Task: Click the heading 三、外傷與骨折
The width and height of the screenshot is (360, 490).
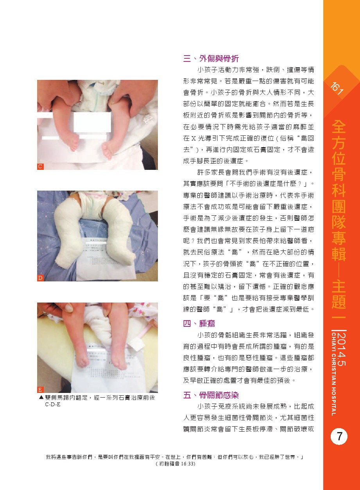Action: click(211, 58)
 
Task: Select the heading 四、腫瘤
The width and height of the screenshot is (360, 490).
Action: click(199, 323)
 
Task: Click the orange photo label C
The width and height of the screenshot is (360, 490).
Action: click(40, 166)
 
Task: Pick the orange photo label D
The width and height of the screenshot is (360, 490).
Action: click(40, 278)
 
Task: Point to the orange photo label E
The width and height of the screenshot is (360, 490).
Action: click(40, 389)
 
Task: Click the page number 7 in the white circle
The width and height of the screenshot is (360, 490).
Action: click(339, 437)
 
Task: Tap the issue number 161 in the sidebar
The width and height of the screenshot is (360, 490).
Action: click(337, 88)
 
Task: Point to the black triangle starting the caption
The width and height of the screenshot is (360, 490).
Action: click(41, 397)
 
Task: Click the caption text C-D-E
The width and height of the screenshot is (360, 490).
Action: click(53, 404)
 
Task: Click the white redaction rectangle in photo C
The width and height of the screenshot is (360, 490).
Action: click(92, 122)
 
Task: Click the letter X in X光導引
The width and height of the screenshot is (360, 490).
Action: click(193, 139)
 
